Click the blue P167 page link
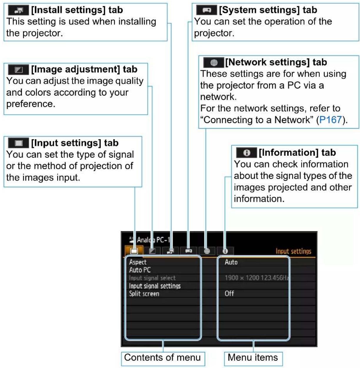(x=331, y=120)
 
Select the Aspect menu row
(x=138, y=262)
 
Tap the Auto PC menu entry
(x=140, y=270)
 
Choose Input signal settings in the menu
(x=155, y=286)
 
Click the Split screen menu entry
(x=144, y=294)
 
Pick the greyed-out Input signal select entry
(x=152, y=278)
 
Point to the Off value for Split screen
(x=229, y=294)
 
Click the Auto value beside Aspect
(x=231, y=262)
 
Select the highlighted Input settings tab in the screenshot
(x=134, y=251)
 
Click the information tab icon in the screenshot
(x=225, y=251)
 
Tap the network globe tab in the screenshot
(x=207, y=251)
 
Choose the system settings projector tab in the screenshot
(x=189, y=251)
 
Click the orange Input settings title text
(x=293, y=251)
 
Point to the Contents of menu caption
(x=163, y=358)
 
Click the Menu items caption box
(x=253, y=358)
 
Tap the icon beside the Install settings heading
(x=19, y=10)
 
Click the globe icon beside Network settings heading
(x=214, y=62)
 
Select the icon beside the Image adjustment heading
(x=19, y=70)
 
